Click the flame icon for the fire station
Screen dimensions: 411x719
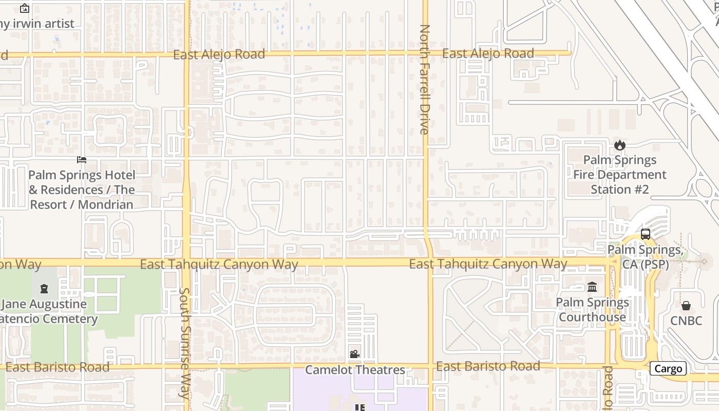pyautogui.click(x=620, y=145)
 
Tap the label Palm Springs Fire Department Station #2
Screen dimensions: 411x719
pyautogui.click(x=620, y=175)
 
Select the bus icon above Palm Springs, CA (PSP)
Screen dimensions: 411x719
pyautogui.click(x=646, y=234)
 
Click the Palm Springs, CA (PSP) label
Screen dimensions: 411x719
pyautogui.click(x=645, y=257)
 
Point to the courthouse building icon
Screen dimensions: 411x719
pyautogui.click(x=592, y=287)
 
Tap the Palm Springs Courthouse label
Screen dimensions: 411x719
pyautogui.click(x=592, y=309)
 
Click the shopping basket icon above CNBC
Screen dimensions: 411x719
pyautogui.click(x=686, y=306)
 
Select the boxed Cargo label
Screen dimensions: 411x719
pyautogui.click(x=668, y=368)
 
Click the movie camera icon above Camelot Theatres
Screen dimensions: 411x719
pyautogui.click(x=354, y=354)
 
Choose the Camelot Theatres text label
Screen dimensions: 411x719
pyautogui.click(x=355, y=370)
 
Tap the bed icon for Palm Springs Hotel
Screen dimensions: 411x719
pyautogui.click(x=81, y=160)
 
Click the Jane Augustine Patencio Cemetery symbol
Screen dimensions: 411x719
pyautogui.click(x=44, y=288)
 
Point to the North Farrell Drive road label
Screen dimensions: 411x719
pyautogui.click(x=424, y=80)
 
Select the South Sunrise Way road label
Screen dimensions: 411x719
pyautogui.click(x=184, y=343)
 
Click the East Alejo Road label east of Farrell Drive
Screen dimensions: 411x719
pyautogui.click(x=488, y=53)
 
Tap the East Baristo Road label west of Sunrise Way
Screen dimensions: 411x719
pyautogui.click(x=58, y=367)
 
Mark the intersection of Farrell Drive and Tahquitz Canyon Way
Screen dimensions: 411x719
pyautogui.click(x=429, y=262)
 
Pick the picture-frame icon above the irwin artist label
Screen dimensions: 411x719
pyautogui.click(x=24, y=8)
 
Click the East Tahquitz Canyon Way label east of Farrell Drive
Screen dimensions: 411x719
pyautogui.click(x=488, y=264)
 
